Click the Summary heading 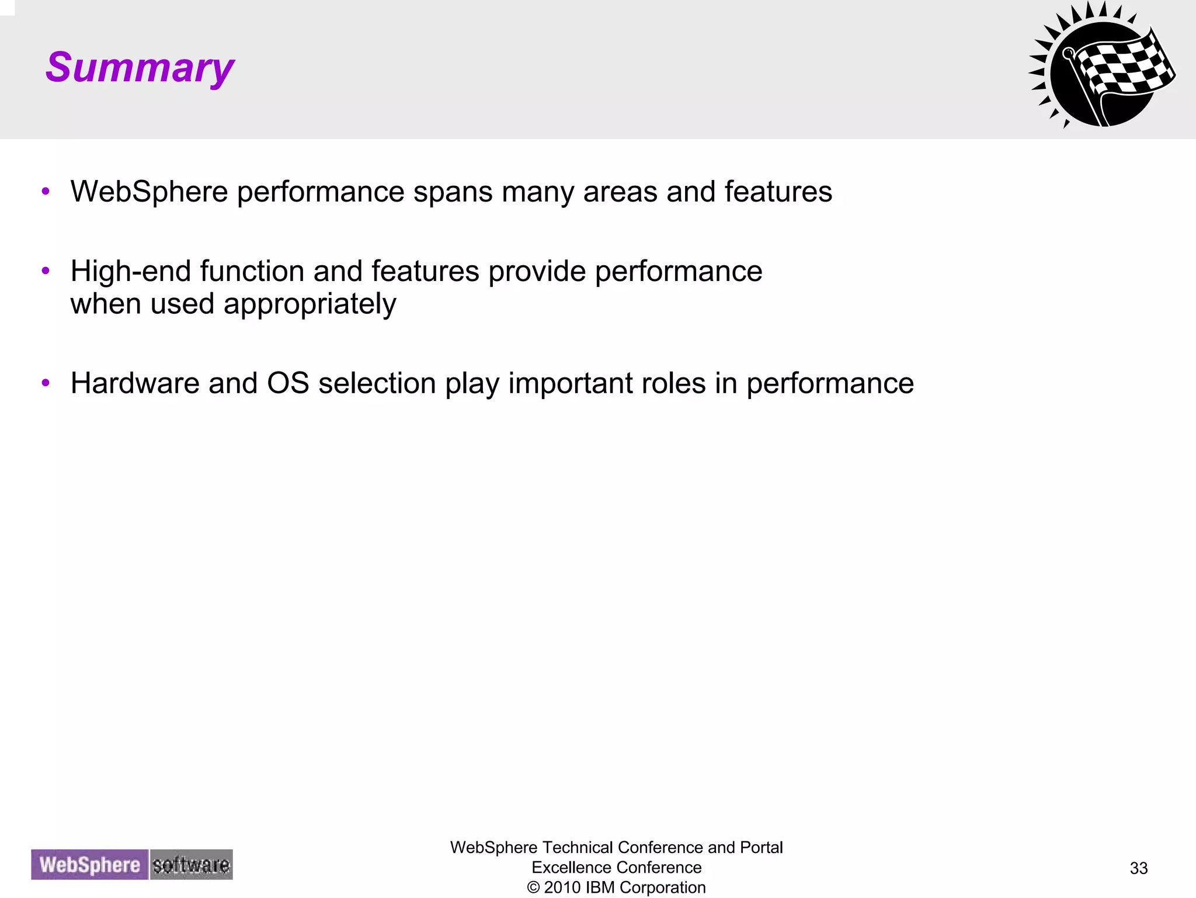tap(140, 68)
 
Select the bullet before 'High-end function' tap(46, 271)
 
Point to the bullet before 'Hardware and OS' tap(46, 383)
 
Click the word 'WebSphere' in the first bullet tap(149, 192)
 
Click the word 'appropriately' tap(310, 304)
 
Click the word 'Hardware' tap(134, 383)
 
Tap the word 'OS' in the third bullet tap(287, 383)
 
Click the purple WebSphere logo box tap(90, 865)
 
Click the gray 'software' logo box tap(191, 865)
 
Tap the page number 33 tap(1138, 868)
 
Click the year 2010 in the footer tap(562, 887)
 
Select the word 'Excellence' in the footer tap(565, 868)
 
